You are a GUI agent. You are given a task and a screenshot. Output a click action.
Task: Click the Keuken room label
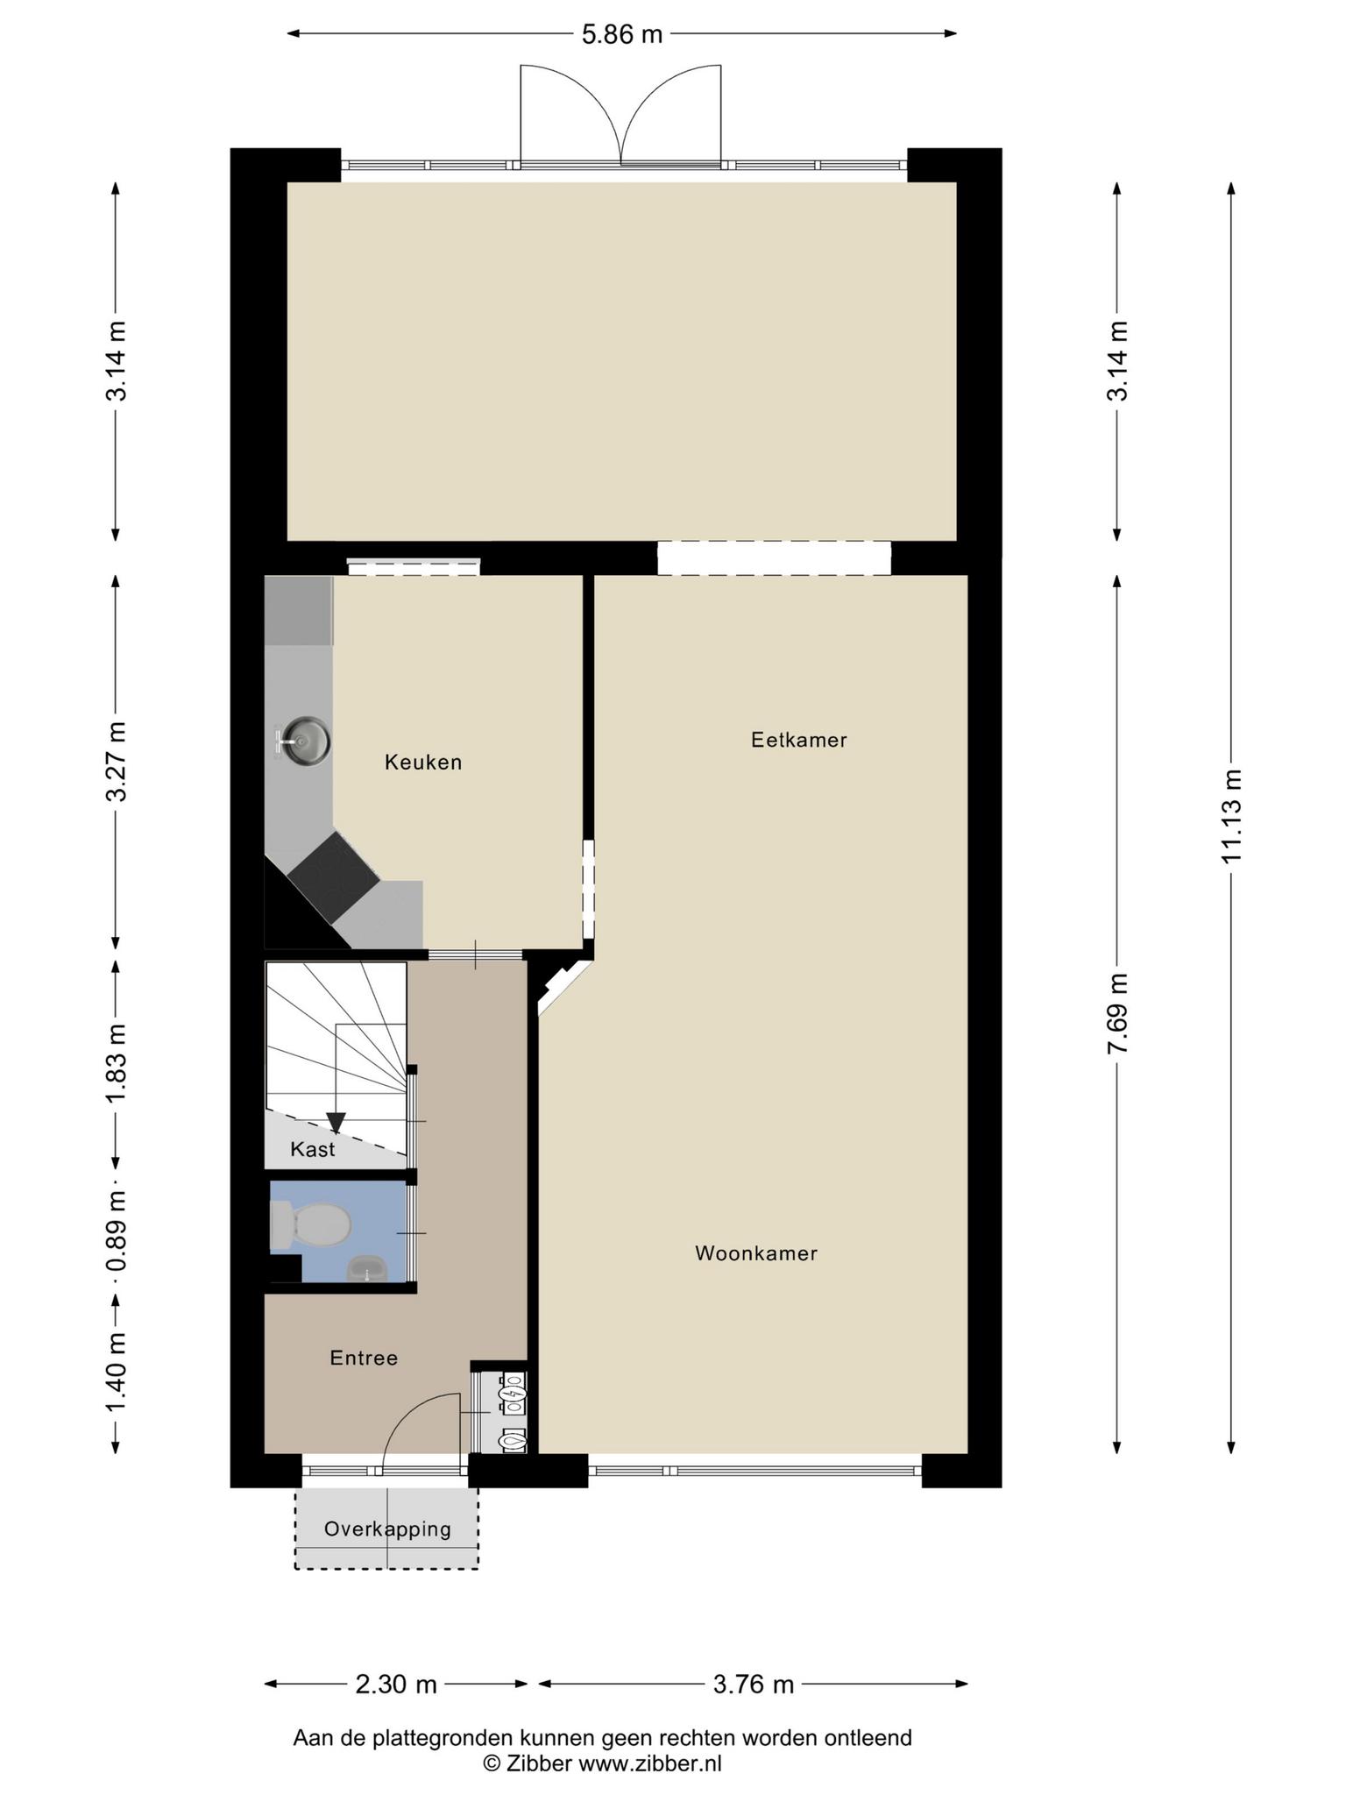423,763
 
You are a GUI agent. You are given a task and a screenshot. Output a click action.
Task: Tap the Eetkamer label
799,740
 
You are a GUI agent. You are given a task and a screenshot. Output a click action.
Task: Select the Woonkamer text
756,1253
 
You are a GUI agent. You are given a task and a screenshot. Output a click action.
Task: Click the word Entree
364,1358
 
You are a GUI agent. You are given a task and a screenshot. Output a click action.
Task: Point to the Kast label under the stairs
313,1149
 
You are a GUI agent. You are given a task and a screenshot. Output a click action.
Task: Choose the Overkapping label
387,1529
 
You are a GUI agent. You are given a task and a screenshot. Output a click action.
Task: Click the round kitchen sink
303,741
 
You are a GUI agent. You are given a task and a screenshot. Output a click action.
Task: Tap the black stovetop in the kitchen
333,877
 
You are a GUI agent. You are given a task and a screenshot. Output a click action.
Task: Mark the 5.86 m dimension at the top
622,34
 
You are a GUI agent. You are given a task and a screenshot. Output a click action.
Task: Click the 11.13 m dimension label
1232,816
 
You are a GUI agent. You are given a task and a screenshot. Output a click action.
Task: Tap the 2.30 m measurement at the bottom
396,1685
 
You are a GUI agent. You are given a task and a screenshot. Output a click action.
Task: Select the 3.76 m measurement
754,1685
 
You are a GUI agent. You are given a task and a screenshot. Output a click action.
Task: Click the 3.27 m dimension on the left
116,762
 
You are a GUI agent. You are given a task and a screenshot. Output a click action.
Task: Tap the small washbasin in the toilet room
368,1268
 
